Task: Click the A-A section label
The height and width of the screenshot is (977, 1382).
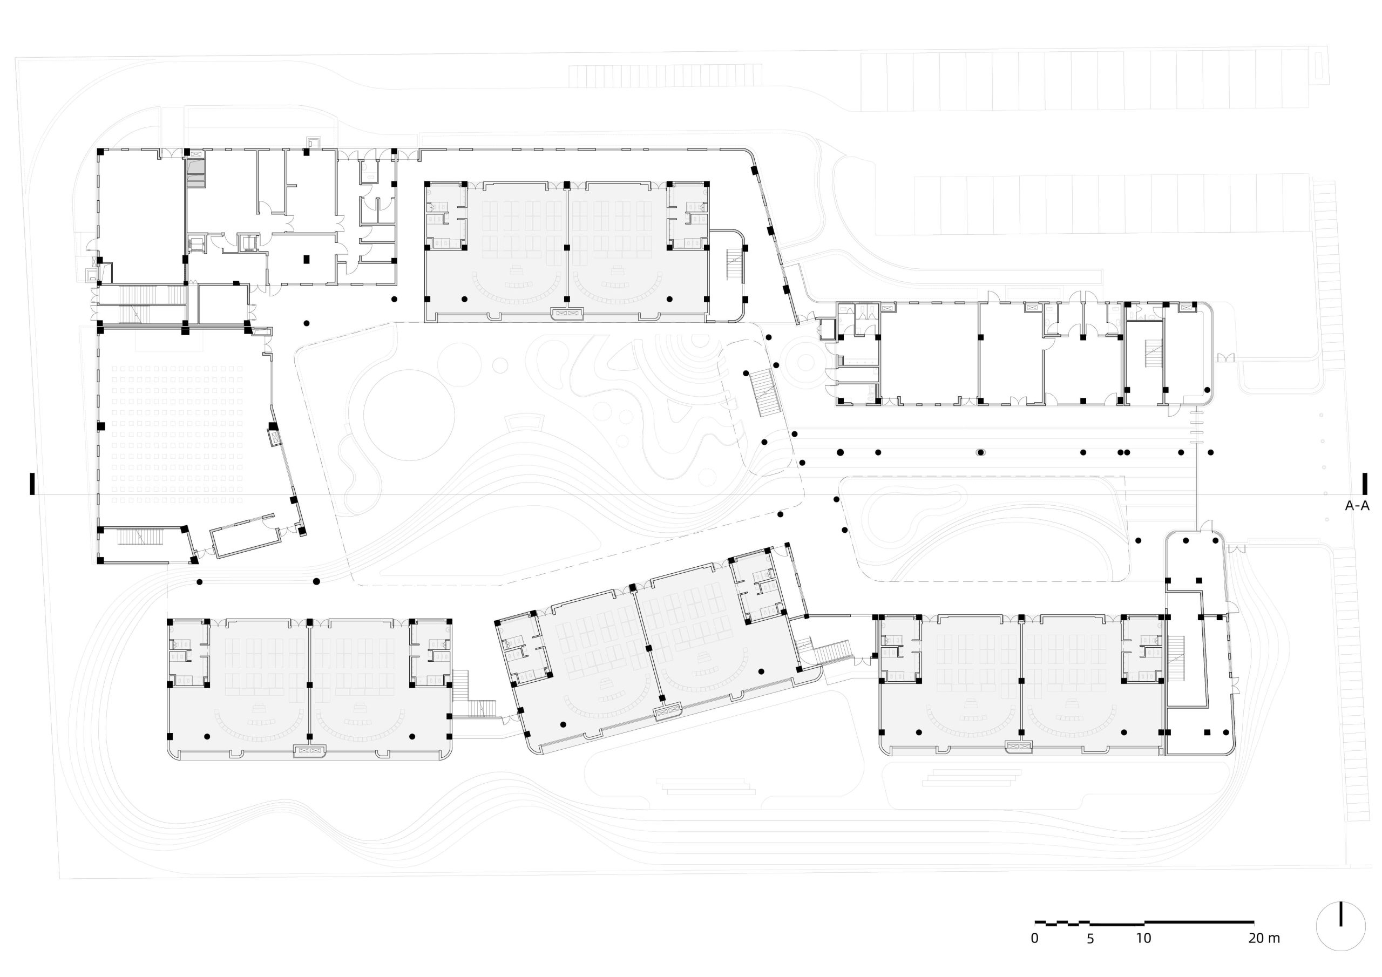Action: pos(1357,506)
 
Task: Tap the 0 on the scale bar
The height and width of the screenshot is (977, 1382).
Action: pos(1034,938)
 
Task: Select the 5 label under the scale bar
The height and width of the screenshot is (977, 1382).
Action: pos(1090,938)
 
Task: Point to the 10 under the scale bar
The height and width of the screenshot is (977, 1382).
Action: pos(1143,938)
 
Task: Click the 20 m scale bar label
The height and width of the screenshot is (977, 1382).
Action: pos(1264,938)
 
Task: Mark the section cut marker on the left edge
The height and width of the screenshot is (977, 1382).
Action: pos(32,484)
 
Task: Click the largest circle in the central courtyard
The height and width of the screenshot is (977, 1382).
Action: pos(409,416)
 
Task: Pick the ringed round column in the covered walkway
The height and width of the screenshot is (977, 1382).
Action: pos(980,452)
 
